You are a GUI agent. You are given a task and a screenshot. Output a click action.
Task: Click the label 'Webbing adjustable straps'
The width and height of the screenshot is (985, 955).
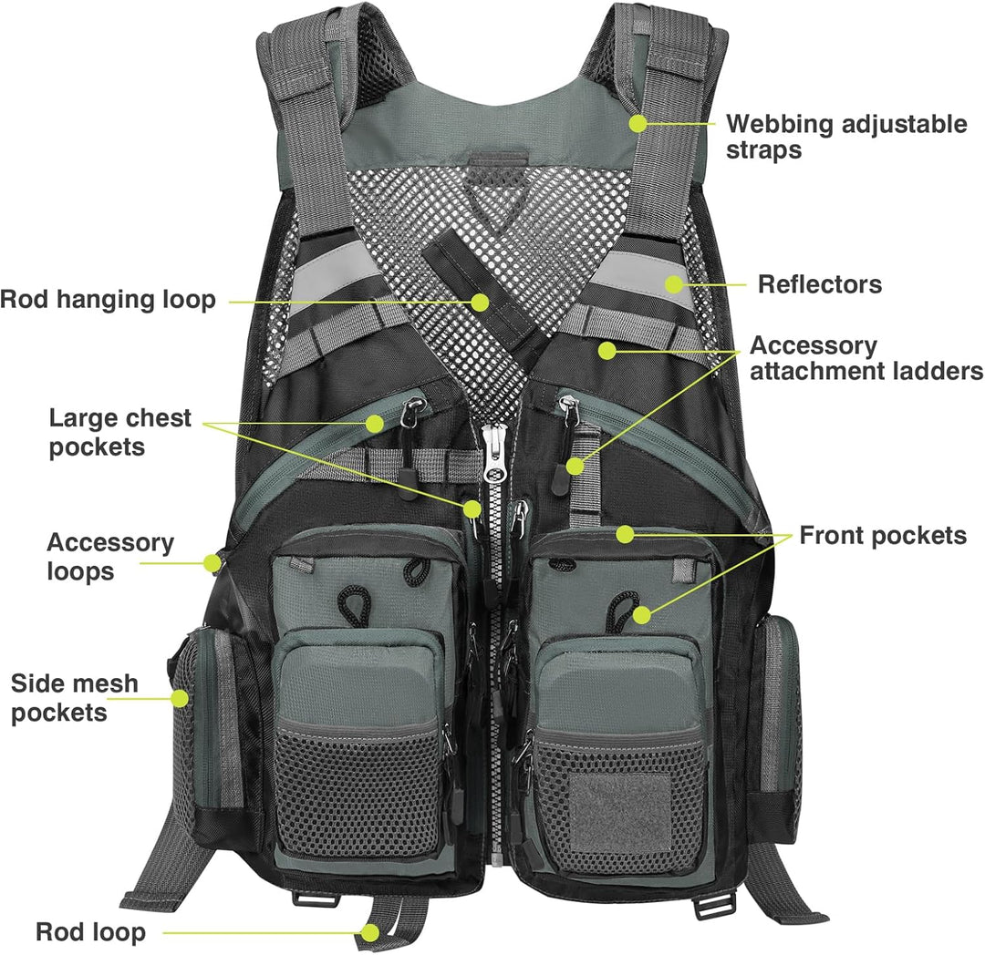(x=845, y=137)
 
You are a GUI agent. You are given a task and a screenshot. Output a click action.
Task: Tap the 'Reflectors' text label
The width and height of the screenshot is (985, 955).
(x=819, y=284)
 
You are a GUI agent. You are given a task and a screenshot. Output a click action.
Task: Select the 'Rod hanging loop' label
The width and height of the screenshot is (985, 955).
(x=108, y=299)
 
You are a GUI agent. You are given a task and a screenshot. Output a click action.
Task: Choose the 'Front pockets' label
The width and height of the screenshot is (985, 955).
(x=882, y=535)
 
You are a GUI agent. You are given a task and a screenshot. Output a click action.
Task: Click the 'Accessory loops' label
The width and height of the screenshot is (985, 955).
(x=109, y=556)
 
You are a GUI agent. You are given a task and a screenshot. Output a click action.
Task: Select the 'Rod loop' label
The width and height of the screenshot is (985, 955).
(x=90, y=931)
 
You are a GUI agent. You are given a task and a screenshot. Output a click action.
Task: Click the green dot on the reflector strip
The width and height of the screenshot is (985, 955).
(x=673, y=284)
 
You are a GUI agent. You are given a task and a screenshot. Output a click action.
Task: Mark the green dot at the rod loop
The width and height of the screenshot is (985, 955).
(x=369, y=931)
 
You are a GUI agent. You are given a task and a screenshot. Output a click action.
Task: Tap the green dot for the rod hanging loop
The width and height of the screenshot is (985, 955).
(x=481, y=299)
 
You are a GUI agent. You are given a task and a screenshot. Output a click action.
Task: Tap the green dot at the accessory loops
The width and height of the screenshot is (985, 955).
(x=213, y=563)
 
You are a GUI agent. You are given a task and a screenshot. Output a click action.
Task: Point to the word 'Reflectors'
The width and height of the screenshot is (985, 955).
(x=819, y=284)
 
